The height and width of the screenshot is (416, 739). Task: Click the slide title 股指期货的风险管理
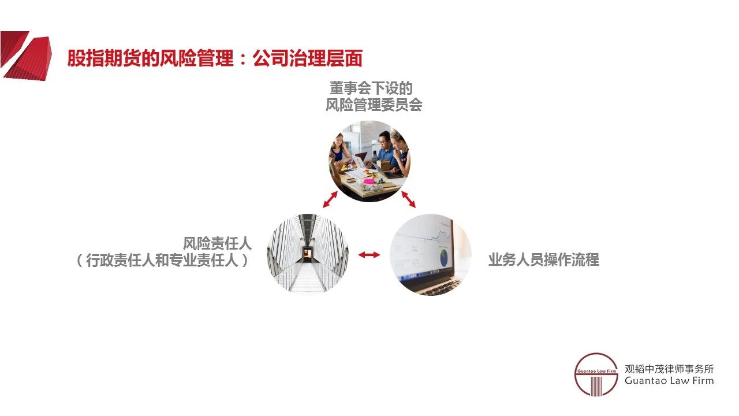150,59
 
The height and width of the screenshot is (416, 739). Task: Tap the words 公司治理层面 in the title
308,59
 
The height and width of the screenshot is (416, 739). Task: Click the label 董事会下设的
371,88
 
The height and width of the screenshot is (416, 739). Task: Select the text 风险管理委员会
374,105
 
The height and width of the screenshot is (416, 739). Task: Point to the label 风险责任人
218,243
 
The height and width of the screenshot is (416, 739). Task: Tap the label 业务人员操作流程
543,260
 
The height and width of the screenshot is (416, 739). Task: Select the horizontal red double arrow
369,254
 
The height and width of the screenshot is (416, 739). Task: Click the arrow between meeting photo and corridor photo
330,199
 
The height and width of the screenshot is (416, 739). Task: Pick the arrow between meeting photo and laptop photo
408,199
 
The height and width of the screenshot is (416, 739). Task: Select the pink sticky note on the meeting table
368,180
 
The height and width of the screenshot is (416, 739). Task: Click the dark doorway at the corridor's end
308,252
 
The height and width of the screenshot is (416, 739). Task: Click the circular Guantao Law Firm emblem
596,374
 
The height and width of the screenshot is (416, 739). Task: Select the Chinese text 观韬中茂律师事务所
669,369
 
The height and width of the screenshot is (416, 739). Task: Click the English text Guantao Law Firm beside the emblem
669,381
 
